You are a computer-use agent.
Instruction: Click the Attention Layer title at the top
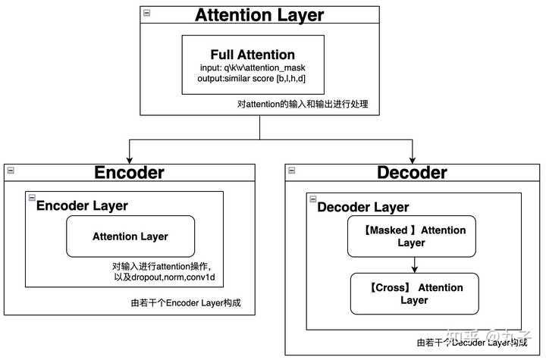(259, 15)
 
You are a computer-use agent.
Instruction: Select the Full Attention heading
(253, 55)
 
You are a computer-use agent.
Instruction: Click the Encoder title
(129, 173)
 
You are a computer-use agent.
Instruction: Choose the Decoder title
(412, 173)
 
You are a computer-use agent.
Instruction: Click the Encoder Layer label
(83, 205)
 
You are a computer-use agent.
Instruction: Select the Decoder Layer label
(363, 207)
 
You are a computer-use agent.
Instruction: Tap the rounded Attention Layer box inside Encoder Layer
(130, 236)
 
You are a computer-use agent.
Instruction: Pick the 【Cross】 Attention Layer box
(414, 293)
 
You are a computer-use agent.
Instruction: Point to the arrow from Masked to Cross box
(414, 265)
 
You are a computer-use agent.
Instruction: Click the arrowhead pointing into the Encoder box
(130, 159)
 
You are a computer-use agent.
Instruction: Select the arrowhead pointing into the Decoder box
(412, 159)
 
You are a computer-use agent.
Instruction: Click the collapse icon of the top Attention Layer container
(146, 13)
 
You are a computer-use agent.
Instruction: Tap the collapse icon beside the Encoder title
(9, 170)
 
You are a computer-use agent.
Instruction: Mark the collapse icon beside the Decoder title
(293, 170)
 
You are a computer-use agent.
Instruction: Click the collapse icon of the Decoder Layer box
(312, 199)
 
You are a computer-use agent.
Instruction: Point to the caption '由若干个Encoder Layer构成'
(191, 303)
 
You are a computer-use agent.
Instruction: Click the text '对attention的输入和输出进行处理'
(303, 104)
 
